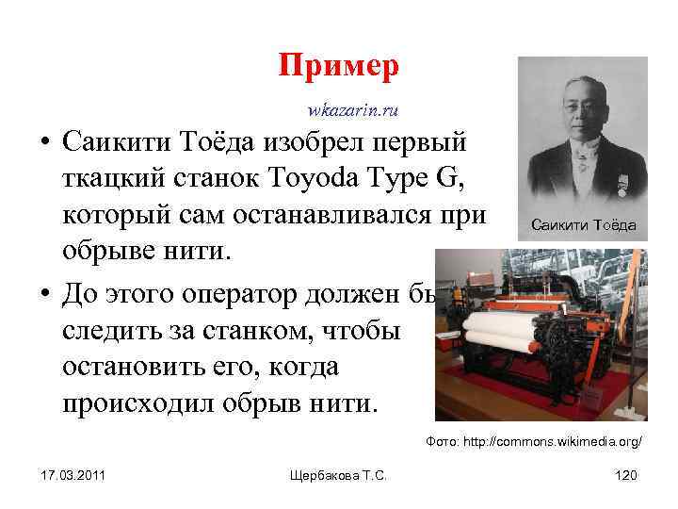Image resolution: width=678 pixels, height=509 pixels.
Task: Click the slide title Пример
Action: pos(339,67)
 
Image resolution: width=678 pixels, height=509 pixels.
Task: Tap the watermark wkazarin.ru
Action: pos(352,111)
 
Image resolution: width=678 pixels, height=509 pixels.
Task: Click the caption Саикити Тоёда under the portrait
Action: pos(583,225)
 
